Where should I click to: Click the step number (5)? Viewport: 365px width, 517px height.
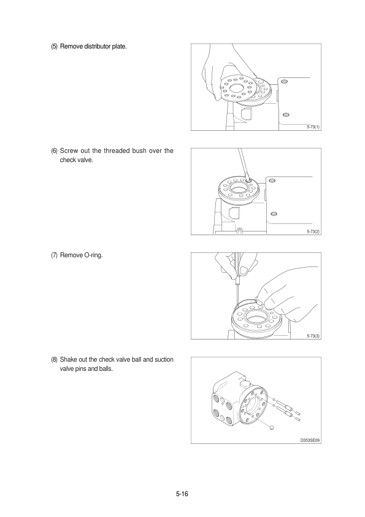pyautogui.click(x=54, y=47)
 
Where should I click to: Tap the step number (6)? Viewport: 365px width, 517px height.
pyautogui.click(x=54, y=151)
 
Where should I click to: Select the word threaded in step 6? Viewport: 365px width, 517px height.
pyautogui.click(x=117, y=151)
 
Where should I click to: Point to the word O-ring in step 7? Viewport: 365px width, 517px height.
pyautogui.click(x=94, y=255)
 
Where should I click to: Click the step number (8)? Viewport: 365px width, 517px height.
pyautogui.click(x=54, y=360)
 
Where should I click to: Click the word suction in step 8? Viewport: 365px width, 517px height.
pyautogui.click(x=164, y=360)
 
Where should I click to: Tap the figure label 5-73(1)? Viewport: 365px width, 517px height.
pyautogui.click(x=313, y=127)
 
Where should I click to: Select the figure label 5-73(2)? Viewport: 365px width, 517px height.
pyautogui.click(x=313, y=231)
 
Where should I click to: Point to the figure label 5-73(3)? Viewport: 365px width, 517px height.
pyautogui.click(x=313, y=336)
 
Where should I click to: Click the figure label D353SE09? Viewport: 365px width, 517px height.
pyautogui.click(x=310, y=440)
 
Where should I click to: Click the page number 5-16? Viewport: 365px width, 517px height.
pyautogui.click(x=182, y=494)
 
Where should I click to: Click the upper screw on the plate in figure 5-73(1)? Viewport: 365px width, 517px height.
pyautogui.click(x=285, y=82)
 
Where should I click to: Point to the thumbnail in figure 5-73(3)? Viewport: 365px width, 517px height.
pyautogui.click(x=243, y=270)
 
